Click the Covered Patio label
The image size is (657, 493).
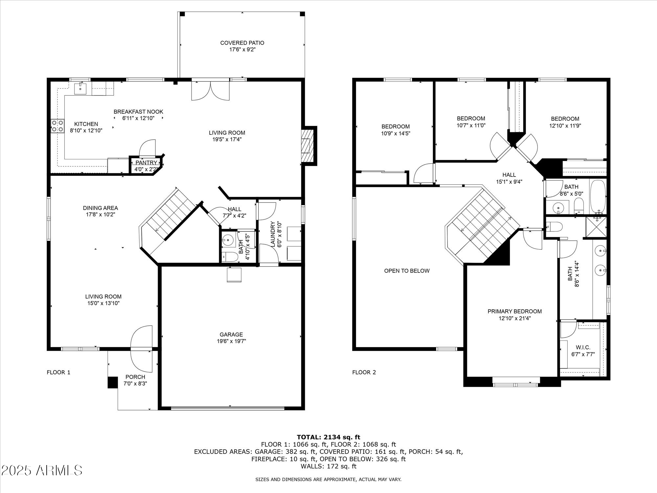point(242,43)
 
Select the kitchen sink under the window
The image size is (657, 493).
point(80,88)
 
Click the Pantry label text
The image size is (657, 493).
point(146,163)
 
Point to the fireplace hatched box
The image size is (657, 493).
point(306,146)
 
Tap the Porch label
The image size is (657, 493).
point(135,377)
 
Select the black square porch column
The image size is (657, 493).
point(113,382)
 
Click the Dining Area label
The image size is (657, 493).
point(100,208)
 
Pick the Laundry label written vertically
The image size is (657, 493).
point(272,234)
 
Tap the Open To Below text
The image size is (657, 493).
point(407,271)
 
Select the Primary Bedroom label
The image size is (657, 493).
point(514,311)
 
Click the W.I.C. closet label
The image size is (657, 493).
point(583,347)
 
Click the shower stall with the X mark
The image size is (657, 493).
point(596,227)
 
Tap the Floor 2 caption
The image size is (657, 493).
point(364,372)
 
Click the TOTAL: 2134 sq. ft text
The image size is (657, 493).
point(328,437)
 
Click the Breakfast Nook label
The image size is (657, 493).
point(138,112)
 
